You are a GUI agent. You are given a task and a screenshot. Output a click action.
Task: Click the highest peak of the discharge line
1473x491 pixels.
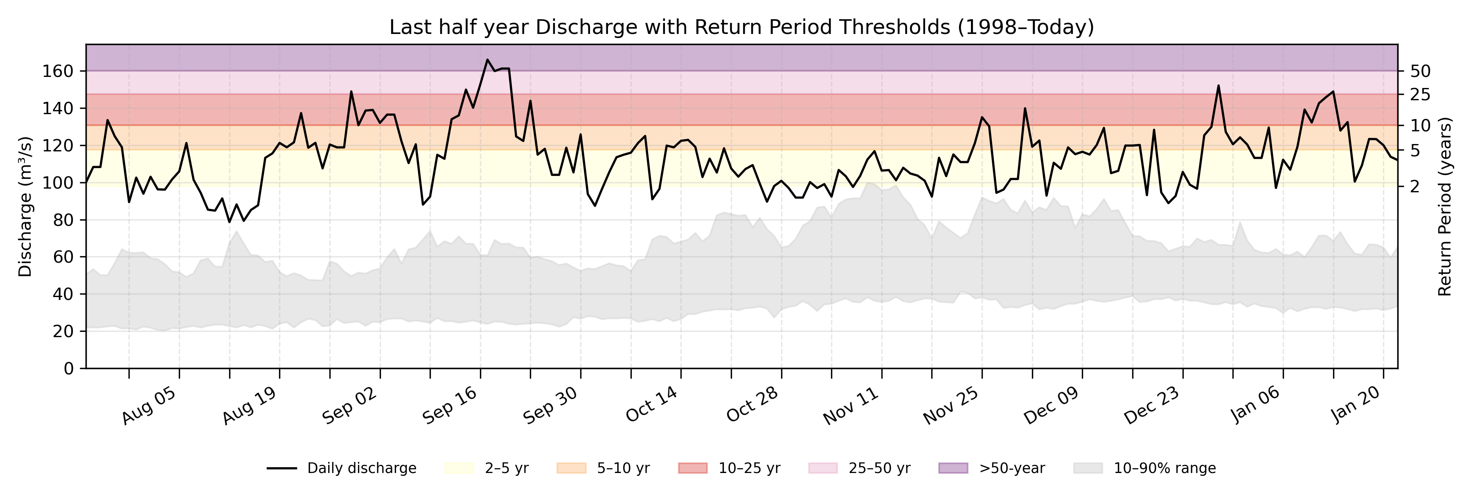(x=487, y=59)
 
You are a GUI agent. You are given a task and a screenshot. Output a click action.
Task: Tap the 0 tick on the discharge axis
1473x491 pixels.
(x=69, y=368)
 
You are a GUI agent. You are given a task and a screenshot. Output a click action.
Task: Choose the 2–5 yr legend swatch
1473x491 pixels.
(x=459, y=468)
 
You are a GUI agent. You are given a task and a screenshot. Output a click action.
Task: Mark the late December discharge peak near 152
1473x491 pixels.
(x=1218, y=86)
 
